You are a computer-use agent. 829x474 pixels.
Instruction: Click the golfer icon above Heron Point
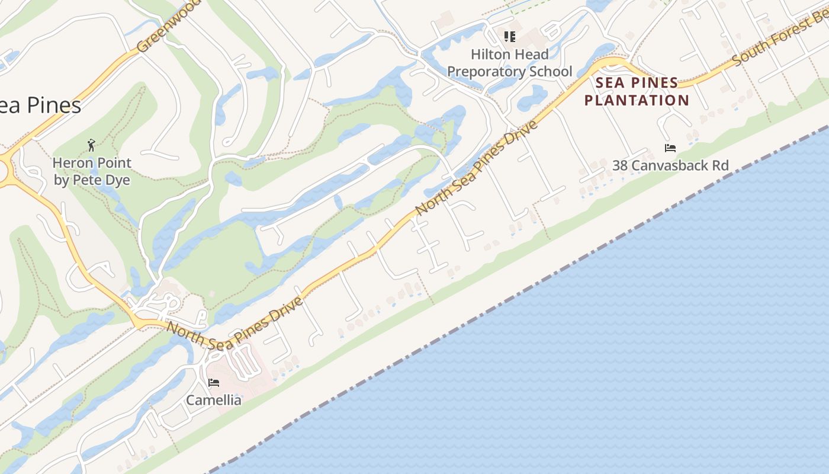click(x=91, y=145)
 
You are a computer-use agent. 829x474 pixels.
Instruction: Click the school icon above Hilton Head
click(x=510, y=37)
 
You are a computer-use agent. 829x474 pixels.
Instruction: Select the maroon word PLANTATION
click(x=637, y=100)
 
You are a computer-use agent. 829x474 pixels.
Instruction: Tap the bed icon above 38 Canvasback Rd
click(x=670, y=148)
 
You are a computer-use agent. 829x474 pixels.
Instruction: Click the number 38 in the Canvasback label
click(x=620, y=165)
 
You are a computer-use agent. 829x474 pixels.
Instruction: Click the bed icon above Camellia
click(x=214, y=383)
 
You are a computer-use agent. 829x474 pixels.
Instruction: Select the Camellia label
click(x=214, y=401)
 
